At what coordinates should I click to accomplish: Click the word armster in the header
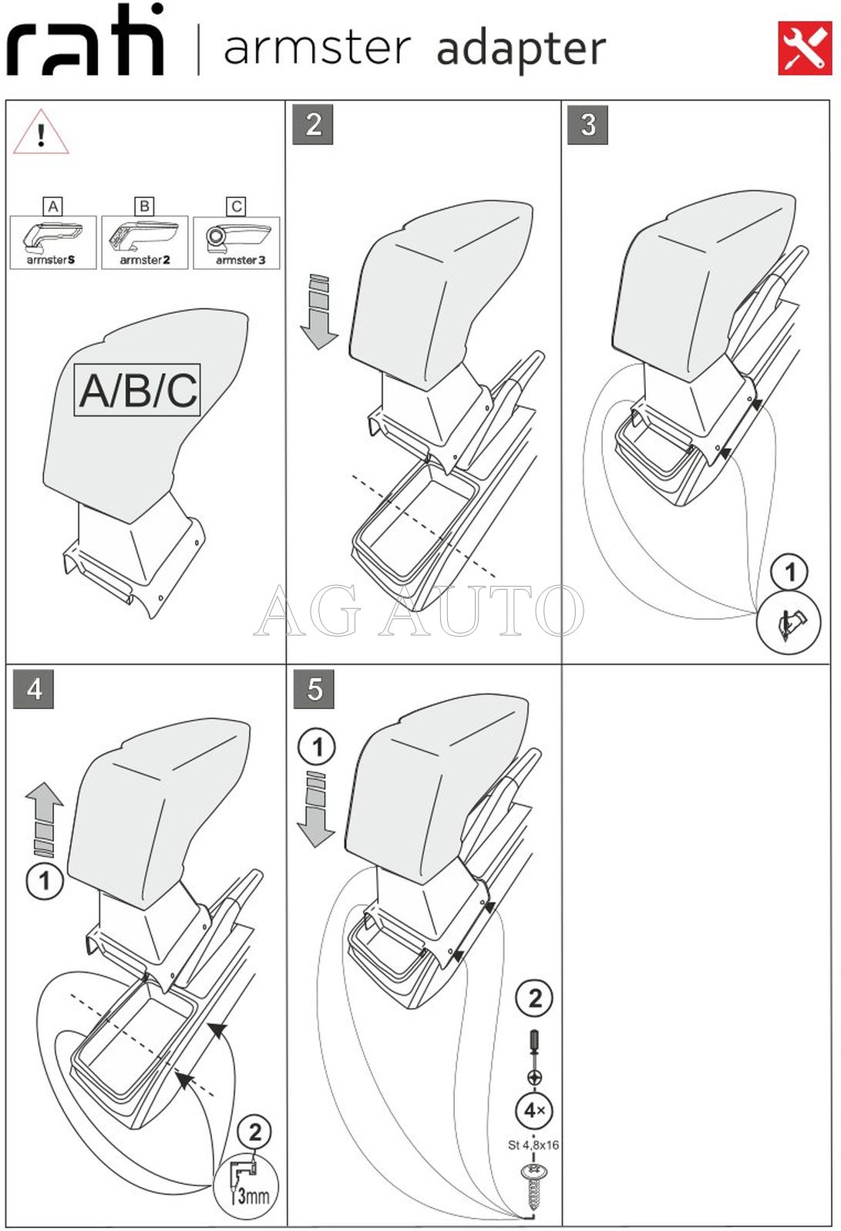317,48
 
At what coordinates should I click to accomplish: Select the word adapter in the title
521,49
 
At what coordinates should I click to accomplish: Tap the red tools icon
805,49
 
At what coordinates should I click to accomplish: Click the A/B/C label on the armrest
138,390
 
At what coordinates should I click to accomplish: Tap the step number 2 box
313,125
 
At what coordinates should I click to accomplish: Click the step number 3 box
587,125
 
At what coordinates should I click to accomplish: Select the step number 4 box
34,689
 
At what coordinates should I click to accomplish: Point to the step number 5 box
314,689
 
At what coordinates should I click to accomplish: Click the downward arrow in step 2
319,311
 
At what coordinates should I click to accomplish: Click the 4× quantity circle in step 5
534,1111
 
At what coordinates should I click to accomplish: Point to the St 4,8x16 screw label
533,1145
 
